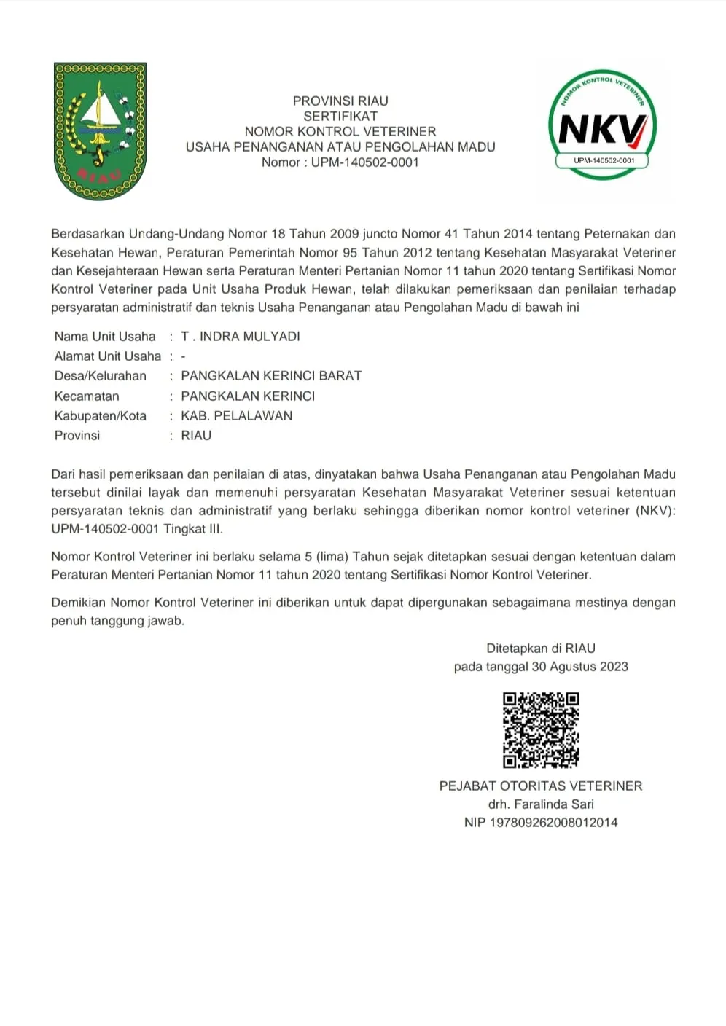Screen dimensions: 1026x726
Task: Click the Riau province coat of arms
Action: click(x=101, y=131)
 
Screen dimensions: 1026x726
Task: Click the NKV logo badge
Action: click(x=602, y=126)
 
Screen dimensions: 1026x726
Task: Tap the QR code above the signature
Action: click(x=541, y=730)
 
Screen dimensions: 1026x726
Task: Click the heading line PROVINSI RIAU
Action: click(x=340, y=101)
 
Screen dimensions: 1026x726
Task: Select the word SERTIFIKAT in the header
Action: click(x=340, y=117)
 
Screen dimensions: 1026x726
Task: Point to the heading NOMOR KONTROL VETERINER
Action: click(x=340, y=132)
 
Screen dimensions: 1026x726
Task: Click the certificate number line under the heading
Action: click(x=340, y=162)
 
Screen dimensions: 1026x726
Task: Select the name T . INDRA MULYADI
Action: click(x=241, y=337)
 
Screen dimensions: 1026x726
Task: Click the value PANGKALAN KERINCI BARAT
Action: click(x=271, y=376)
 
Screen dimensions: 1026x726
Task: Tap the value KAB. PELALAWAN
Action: click(x=236, y=416)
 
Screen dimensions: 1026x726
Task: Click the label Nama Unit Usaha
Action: click(x=105, y=337)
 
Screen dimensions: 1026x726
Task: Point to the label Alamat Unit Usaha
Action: click(x=108, y=356)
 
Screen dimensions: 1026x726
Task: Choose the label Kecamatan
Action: click(x=87, y=396)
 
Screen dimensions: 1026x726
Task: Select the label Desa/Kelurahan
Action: click(x=101, y=376)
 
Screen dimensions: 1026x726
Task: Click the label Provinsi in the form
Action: click(x=77, y=436)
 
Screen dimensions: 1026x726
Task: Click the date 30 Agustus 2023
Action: click(x=579, y=667)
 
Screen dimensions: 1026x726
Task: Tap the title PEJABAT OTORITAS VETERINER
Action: click(x=541, y=786)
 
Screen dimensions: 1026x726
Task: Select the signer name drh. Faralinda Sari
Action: click(x=541, y=804)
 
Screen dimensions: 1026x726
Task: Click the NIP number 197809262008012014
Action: click(x=553, y=823)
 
